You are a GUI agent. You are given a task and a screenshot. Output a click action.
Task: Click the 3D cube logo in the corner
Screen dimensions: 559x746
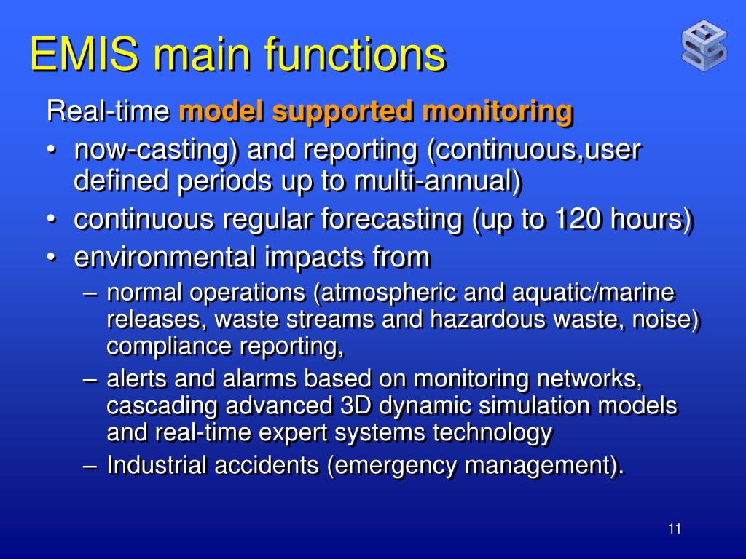click(704, 47)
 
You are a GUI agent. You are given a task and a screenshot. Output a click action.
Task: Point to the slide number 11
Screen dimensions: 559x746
click(674, 529)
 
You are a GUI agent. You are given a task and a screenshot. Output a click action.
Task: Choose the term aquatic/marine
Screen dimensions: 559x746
click(594, 293)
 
